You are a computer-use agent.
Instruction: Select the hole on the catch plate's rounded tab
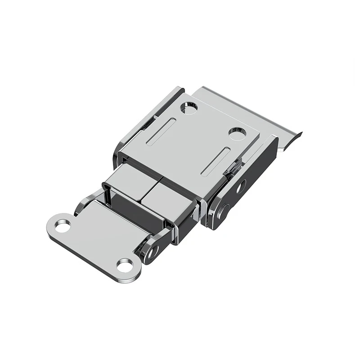pos(63,225)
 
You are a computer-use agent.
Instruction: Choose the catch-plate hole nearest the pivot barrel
pos(124,265)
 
